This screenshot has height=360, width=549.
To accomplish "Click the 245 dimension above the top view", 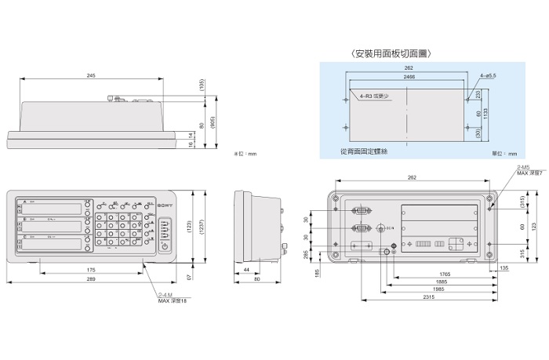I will [92, 75].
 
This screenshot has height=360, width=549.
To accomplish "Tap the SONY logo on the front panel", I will [165, 205].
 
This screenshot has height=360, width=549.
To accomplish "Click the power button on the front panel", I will [164, 247].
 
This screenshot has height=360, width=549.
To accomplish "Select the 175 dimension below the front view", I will [92, 269].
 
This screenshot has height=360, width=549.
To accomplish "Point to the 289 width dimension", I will [92, 279].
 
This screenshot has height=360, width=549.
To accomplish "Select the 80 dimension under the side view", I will [258, 279].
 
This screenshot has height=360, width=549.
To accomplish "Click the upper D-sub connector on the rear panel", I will [362, 210].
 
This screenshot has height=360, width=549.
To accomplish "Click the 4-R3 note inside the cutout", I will [374, 94].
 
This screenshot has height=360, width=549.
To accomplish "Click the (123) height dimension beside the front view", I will [190, 226].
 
